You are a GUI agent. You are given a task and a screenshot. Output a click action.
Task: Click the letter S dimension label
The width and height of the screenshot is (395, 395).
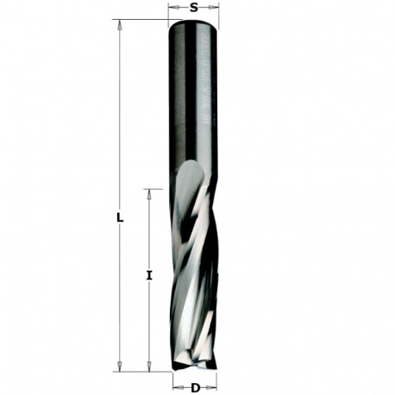[194, 7]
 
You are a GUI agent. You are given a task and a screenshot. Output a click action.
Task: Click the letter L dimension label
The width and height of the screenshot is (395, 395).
[120, 218]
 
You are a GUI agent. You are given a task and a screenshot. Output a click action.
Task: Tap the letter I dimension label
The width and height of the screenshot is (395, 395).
[149, 276]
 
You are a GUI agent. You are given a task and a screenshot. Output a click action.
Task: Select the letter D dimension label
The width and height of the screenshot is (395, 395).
[195, 388]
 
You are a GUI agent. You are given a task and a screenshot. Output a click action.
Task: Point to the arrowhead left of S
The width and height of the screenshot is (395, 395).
[172, 9]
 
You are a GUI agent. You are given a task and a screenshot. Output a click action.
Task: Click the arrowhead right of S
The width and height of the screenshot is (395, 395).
[215, 9]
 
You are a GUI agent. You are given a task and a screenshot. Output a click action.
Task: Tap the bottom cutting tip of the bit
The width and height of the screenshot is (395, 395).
[195, 369]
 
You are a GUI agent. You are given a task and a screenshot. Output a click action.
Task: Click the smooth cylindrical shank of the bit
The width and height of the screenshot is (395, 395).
[194, 95]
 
